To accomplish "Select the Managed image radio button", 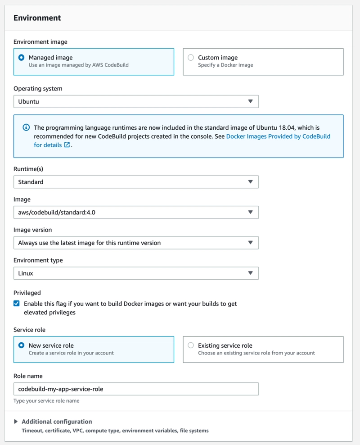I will (x=21, y=58).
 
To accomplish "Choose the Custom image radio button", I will (x=191, y=58).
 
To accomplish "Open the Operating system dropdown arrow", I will (x=251, y=101).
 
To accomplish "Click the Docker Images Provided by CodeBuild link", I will (x=278, y=136).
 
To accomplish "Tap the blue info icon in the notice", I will (x=26, y=128).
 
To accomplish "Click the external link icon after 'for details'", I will (x=67, y=145).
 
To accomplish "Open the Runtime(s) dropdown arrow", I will (x=251, y=182).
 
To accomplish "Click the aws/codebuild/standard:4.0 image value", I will (x=57, y=213).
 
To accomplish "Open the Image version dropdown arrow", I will (x=251, y=243).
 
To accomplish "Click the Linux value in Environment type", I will (x=26, y=273).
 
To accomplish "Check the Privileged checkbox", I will (x=17, y=304).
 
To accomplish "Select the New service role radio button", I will (x=21, y=345).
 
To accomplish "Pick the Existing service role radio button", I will (x=191, y=345).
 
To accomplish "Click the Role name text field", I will (x=136, y=389).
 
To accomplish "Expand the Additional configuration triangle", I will (x=16, y=422).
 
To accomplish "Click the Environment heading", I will (x=37, y=18).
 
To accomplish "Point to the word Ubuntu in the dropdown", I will (x=28, y=102).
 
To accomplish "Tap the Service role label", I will (x=29, y=330).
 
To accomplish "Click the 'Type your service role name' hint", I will (x=46, y=400).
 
